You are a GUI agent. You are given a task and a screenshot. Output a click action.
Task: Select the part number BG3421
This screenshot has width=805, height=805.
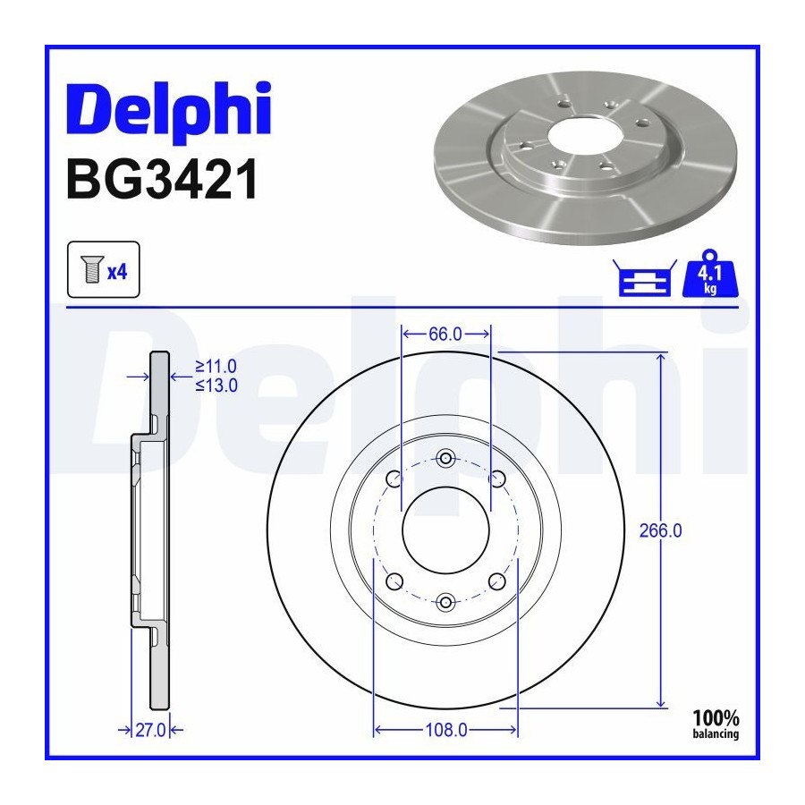tap(162, 179)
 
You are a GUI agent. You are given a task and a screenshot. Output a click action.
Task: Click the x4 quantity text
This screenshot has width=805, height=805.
tap(117, 271)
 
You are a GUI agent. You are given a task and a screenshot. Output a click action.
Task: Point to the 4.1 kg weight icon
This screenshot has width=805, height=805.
tap(709, 274)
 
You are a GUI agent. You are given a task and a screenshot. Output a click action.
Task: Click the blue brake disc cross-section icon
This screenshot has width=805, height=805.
tap(644, 279)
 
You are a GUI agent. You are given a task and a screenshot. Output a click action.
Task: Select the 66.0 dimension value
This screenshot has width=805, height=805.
tap(445, 335)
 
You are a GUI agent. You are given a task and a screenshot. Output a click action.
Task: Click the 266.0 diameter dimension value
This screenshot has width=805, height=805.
tap(660, 530)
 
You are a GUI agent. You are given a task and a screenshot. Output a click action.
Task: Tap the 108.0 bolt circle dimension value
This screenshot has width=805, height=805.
tap(446, 730)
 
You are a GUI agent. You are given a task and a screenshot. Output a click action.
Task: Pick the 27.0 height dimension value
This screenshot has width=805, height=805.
tap(150, 730)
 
